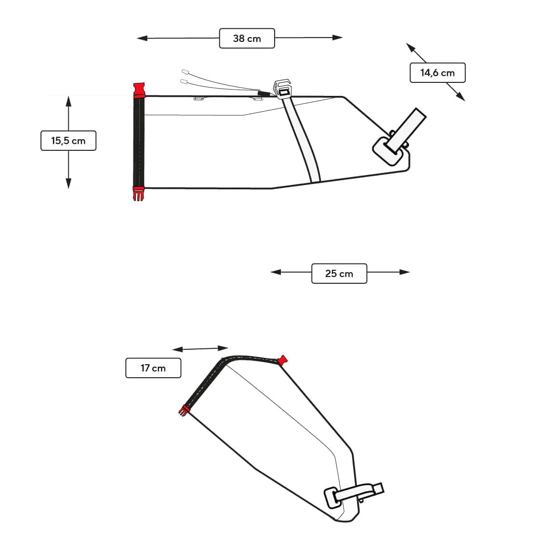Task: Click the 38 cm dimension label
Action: (247, 39)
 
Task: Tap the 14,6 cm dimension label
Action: (437, 73)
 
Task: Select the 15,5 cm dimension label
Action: (68, 141)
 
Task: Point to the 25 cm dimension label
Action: (339, 274)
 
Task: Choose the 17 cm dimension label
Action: (153, 368)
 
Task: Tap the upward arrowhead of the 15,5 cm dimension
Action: (68, 101)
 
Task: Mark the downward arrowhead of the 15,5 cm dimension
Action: (68, 183)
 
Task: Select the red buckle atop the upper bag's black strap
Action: (139, 90)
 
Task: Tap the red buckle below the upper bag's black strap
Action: (139, 194)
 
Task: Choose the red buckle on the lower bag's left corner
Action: (184, 410)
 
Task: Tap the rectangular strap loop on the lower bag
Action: (332, 498)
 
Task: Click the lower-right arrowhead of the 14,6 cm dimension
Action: (461, 97)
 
